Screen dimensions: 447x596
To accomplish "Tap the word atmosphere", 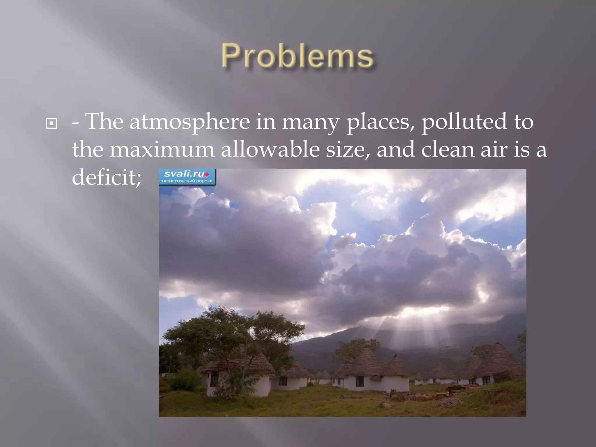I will coord(189,122).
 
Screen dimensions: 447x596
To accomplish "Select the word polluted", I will coord(464,122).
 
